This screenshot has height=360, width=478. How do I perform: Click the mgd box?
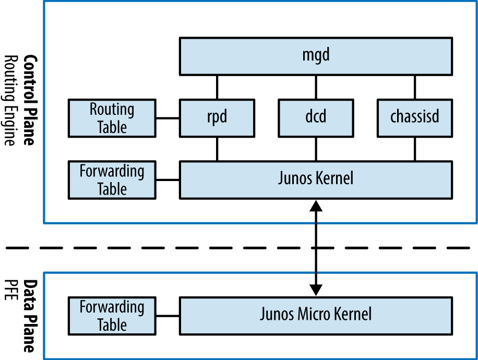tap(316, 56)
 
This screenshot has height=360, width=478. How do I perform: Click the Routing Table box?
tap(112, 118)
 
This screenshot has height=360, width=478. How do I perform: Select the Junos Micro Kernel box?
tap(316, 315)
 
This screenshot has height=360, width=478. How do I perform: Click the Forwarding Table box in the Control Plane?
tap(112, 180)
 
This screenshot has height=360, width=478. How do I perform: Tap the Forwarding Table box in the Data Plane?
tap(112, 315)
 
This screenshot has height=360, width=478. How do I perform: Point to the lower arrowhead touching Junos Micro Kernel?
tap(316, 290)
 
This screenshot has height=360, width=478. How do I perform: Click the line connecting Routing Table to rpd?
tap(168, 118)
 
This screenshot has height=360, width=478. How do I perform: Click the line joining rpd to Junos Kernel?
tap(217, 149)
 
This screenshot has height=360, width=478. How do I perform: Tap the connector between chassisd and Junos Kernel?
tap(415, 149)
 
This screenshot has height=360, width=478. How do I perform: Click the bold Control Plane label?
tap(30, 100)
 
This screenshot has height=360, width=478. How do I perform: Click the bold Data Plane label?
tap(30, 316)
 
